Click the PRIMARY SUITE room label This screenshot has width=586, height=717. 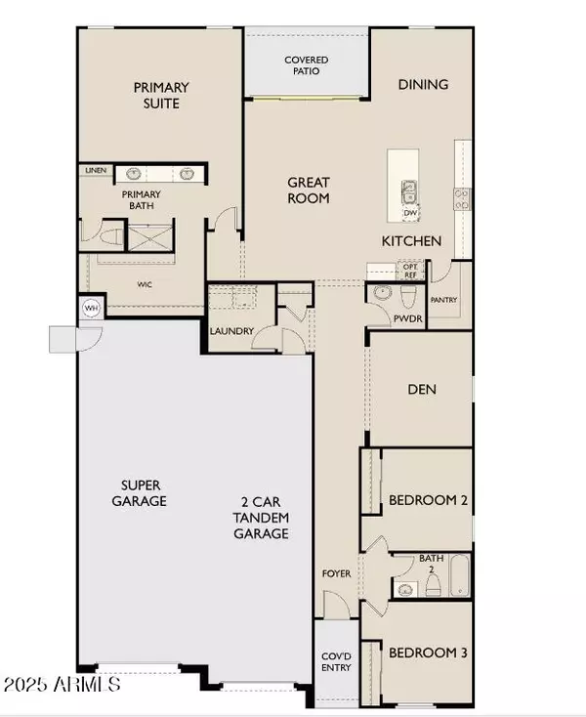[156, 95]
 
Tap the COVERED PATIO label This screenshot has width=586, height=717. [306, 65]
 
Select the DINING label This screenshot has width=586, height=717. [423, 84]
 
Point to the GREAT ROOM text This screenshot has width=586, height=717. [308, 190]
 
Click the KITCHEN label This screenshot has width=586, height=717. [411, 240]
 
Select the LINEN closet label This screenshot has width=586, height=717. [95, 170]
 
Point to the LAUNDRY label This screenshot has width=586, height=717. [232, 331]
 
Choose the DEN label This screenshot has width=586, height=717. [421, 389]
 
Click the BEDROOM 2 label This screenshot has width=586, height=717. [428, 500]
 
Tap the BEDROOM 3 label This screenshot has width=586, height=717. [428, 653]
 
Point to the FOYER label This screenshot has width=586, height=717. [336, 574]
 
